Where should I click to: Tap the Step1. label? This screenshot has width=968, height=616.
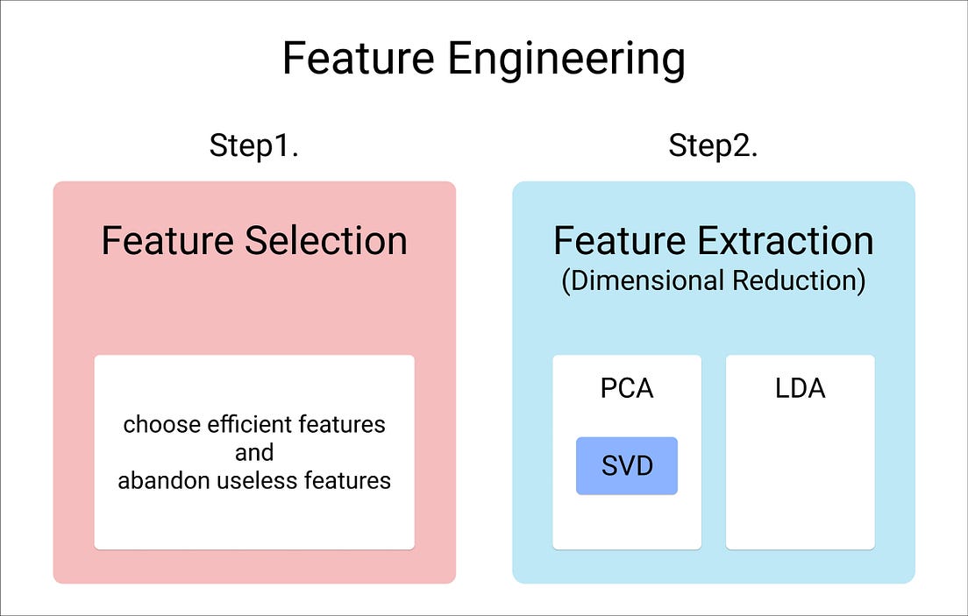(x=254, y=145)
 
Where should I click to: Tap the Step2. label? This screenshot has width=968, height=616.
(x=713, y=145)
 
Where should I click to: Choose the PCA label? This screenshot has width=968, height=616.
(x=627, y=388)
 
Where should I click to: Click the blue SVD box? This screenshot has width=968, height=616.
(x=627, y=465)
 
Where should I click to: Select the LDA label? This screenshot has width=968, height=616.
(x=800, y=388)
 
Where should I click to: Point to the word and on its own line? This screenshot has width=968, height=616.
(x=254, y=452)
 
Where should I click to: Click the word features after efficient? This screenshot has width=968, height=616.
(x=342, y=425)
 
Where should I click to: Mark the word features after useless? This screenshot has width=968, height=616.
(x=347, y=480)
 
